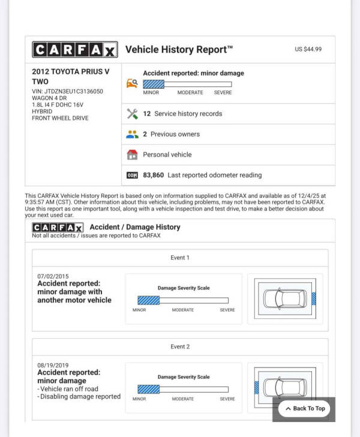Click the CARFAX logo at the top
(74, 50)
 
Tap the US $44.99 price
(308, 49)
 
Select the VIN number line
(68, 92)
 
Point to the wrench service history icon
(133, 113)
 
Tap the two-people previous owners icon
(133, 134)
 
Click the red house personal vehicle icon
(133, 155)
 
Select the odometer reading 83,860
(155, 175)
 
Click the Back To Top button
(305, 408)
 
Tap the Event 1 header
(180, 258)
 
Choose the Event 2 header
(180, 346)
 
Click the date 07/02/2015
(53, 276)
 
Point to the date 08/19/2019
(53, 364)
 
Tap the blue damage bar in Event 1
(149, 300)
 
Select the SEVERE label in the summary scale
(223, 93)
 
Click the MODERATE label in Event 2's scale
(182, 399)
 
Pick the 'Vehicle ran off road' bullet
(68, 388)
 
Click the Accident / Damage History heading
(135, 227)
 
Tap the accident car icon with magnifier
(133, 83)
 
